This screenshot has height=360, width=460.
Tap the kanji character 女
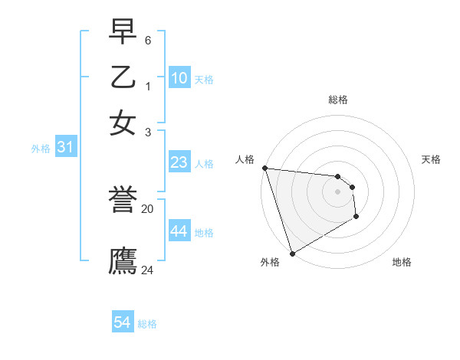tap(123, 123)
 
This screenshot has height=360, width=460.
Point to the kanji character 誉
tap(123, 202)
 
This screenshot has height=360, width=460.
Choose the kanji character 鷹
tap(123, 260)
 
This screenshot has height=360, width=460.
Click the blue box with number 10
tap(179, 78)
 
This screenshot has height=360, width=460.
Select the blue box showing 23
tap(179, 162)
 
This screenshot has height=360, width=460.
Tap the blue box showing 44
tap(179, 231)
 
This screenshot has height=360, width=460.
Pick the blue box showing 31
tap(65, 148)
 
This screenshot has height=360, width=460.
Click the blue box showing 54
tap(123, 322)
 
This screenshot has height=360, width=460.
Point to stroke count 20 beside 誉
tap(148, 208)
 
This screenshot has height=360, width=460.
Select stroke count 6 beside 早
tap(148, 39)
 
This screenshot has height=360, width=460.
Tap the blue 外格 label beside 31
tap(41, 149)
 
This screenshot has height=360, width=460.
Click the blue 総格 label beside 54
tap(147, 324)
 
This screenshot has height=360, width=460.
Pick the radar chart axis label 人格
tap(245, 159)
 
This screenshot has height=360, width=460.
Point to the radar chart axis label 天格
tap(431, 159)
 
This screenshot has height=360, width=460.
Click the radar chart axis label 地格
tap(402, 262)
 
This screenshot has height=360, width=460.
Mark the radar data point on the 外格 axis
tap(293, 253)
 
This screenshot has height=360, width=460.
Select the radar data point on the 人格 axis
tap(264, 168)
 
